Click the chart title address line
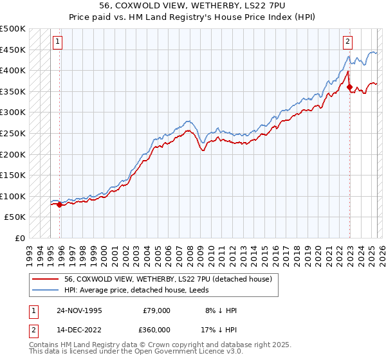tap(193, 5)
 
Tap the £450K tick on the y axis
tap(14, 50)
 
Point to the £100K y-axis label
tap(14, 196)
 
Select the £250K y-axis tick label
tap(14, 133)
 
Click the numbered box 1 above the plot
tap(57, 42)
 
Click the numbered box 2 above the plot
tap(347, 42)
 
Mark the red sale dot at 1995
tap(60, 205)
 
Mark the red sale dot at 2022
tap(349, 87)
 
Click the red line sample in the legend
tap(46, 279)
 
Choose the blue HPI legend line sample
tap(46, 290)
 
